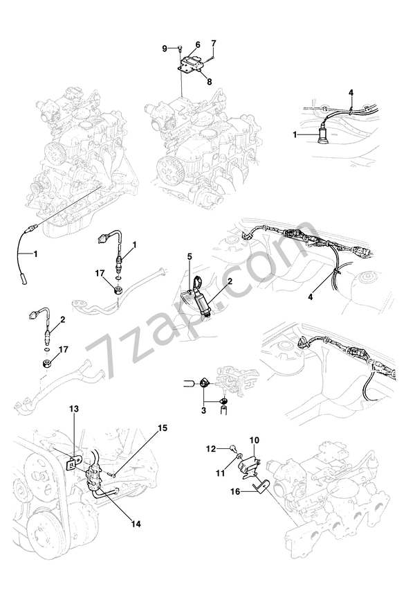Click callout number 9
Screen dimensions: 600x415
[x=165, y=48]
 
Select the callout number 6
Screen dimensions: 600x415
[x=197, y=44]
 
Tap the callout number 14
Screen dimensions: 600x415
[x=136, y=524]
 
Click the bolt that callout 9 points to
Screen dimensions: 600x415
[x=180, y=48]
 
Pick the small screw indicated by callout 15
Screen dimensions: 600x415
[x=113, y=473]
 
